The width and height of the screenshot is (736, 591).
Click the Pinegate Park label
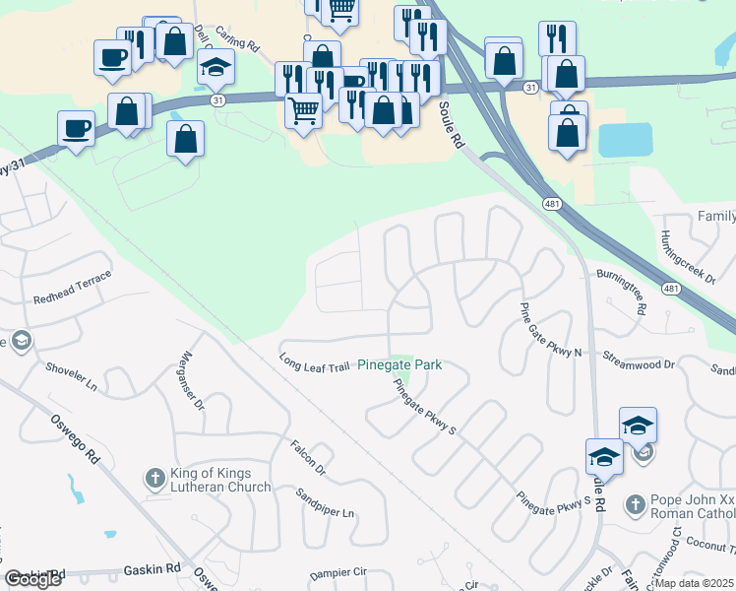tap(399, 364)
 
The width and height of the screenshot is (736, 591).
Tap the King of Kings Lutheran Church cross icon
tap(154, 479)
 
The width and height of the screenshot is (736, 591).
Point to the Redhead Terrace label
tap(73, 286)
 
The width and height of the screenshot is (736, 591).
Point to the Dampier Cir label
tap(337, 571)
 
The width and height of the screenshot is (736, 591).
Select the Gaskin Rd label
tap(153, 568)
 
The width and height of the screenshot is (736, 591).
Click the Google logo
tap(32, 579)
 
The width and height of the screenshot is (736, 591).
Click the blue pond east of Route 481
tap(626, 140)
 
